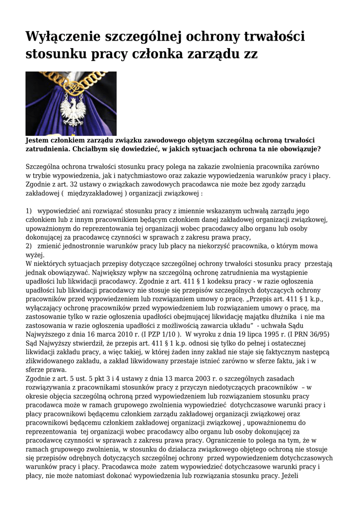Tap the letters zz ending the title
pos(250,54)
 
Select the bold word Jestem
pos(37,140)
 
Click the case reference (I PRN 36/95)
pos(311,334)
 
